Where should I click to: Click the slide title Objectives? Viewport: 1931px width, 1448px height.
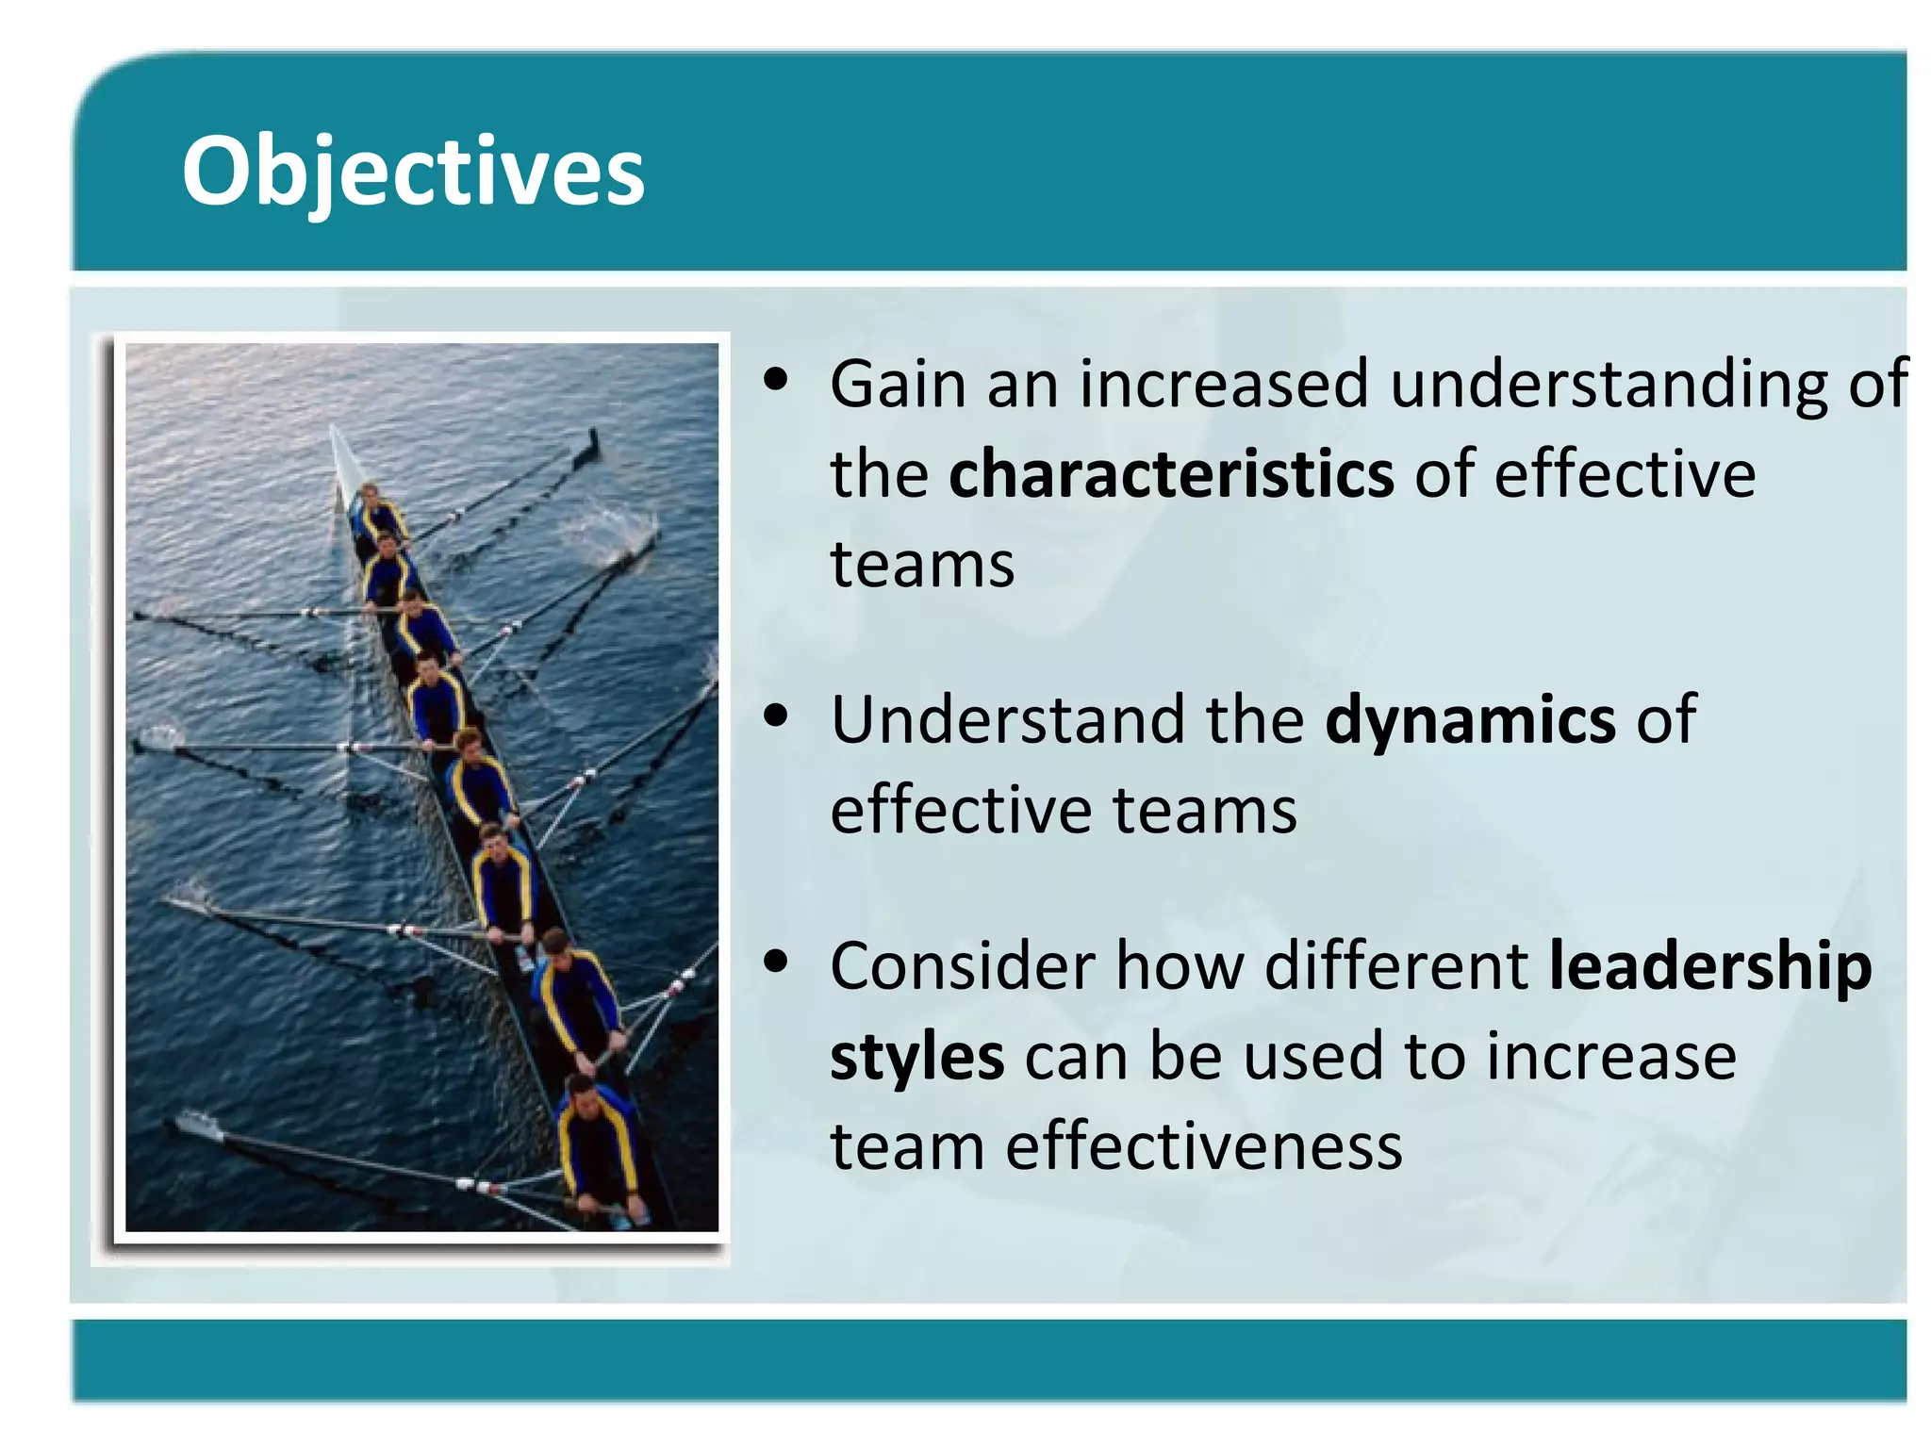point(413,172)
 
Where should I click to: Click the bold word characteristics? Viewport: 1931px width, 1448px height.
point(1171,474)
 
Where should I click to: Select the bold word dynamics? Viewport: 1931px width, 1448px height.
point(1470,720)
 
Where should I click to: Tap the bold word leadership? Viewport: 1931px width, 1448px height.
point(1709,967)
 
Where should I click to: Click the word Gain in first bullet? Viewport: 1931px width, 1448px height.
point(898,385)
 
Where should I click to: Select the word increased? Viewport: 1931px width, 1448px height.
point(1223,385)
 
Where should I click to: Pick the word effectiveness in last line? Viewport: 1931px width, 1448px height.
point(1204,1147)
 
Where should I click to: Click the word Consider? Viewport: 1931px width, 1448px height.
point(963,967)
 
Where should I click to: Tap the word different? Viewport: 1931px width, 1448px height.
point(1396,967)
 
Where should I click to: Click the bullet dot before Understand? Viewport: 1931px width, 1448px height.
point(776,716)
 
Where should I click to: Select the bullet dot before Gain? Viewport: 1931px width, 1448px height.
point(776,380)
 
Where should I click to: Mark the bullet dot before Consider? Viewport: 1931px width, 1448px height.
point(776,963)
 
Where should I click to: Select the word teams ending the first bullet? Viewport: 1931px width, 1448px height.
point(922,565)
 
